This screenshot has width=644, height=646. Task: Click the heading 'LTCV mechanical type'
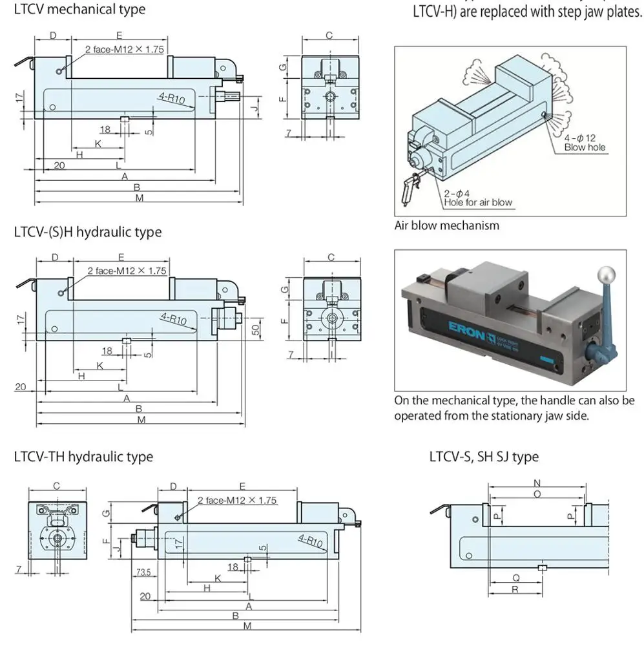tap(79, 10)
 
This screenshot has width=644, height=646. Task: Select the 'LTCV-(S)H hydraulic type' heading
tap(88, 232)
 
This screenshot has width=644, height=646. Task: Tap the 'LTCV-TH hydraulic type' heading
tap(83, 457)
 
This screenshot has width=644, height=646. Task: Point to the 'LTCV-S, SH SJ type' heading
tap(484, 457)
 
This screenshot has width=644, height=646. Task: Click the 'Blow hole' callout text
tap(585, 147)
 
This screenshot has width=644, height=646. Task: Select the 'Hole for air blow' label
tap(478, 202)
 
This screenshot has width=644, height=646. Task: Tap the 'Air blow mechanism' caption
tap(447, 225)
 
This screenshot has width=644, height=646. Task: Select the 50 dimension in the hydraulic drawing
tap(256, 329)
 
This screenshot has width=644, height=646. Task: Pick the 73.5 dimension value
tap(143, 572)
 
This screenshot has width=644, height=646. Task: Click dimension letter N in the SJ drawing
tap(537, 483)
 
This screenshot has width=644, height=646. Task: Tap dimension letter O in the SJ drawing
tap(537, 494)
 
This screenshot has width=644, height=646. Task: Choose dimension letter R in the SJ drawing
tap(515, 590)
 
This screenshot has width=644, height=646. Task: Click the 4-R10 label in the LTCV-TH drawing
tap(310, 541)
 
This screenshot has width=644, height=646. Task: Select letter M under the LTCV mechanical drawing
tap(139, 198)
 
